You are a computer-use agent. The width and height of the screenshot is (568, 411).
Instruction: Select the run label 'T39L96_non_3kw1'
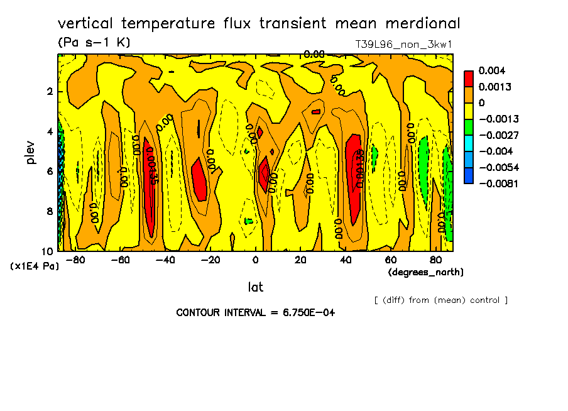pyautogui.click(x=403, y=45)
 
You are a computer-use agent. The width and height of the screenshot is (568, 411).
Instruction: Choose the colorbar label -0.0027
pyautogui.click(x=496, y=135)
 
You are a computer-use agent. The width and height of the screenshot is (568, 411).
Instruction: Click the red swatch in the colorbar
pyautogui.click(x=469, y=79)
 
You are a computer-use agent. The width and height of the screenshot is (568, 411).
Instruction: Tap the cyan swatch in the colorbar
pyautogui.click(x=469, y=151)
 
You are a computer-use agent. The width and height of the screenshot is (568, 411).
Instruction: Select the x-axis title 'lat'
pyautogui.click(x=255, y=287)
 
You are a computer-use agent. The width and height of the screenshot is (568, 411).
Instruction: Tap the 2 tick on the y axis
pyautogui.click(x=50, y=92)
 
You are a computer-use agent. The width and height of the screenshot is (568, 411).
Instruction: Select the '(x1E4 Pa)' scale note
pyautogui.click(x=35, y=266)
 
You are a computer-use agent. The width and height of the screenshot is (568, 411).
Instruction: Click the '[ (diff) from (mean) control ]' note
pyautogui.click(x=440, y=300)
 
